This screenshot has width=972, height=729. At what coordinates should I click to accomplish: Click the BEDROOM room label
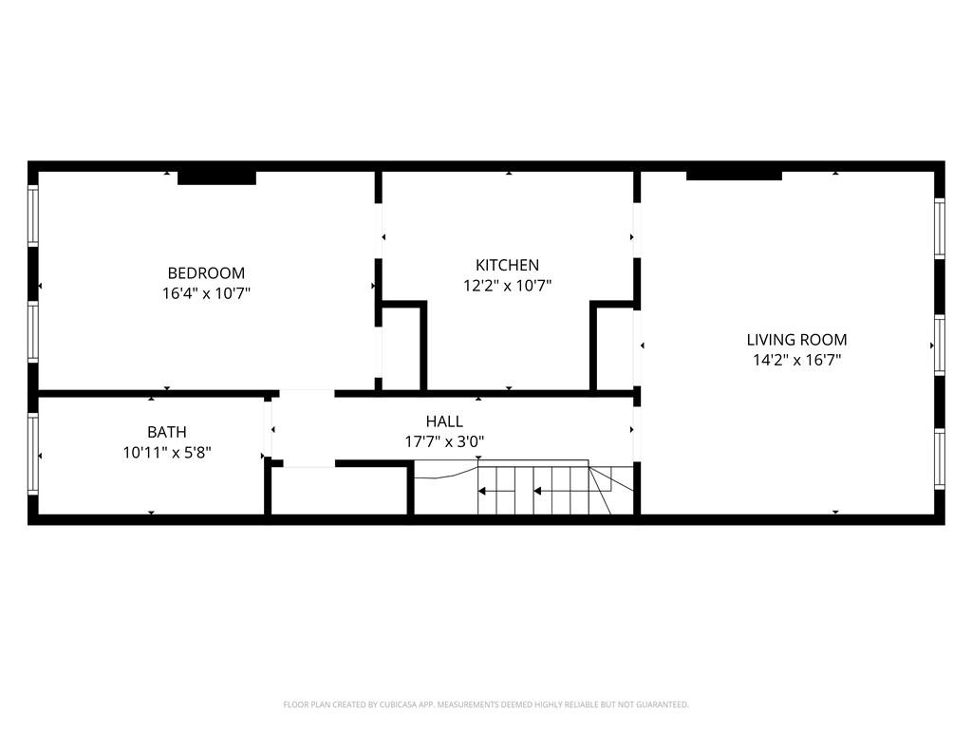tap(206, 272)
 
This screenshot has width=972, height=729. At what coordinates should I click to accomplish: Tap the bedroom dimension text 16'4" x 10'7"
tap(206, 293)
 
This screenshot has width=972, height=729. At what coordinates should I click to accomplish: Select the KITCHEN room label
tap(507, 265)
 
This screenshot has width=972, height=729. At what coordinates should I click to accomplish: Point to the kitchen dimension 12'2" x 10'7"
tap(507, 285)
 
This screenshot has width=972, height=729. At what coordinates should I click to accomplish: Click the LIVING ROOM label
tap(796, 339)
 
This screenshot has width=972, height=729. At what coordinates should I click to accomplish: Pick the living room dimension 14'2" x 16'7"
tap(796, 360)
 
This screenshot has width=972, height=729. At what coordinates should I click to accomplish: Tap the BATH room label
tap(166, 432)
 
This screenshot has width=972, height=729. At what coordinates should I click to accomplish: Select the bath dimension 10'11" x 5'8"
tap(166, 453)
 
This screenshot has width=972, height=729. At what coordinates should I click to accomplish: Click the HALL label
tap(444, 421)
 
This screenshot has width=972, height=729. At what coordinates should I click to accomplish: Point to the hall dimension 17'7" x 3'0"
tap(444, 440)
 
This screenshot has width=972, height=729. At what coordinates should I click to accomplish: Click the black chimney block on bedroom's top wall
tap(216, 177)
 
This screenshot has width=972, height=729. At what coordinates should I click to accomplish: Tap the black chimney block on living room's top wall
tap(734, 175)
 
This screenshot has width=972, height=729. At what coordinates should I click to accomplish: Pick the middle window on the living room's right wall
tap(939, 346)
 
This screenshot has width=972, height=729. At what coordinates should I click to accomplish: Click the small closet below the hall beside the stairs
tap(339, 491)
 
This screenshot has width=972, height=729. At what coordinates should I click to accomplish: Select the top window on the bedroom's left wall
tap(33, 215)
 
